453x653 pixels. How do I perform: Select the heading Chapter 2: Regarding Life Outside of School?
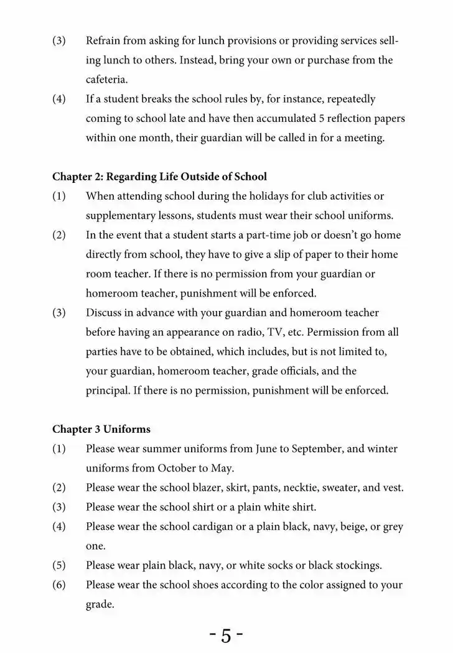tap(159, 177)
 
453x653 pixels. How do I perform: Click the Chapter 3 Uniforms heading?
tap(101, 429)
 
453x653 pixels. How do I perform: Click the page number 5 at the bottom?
tap(226, 636)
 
